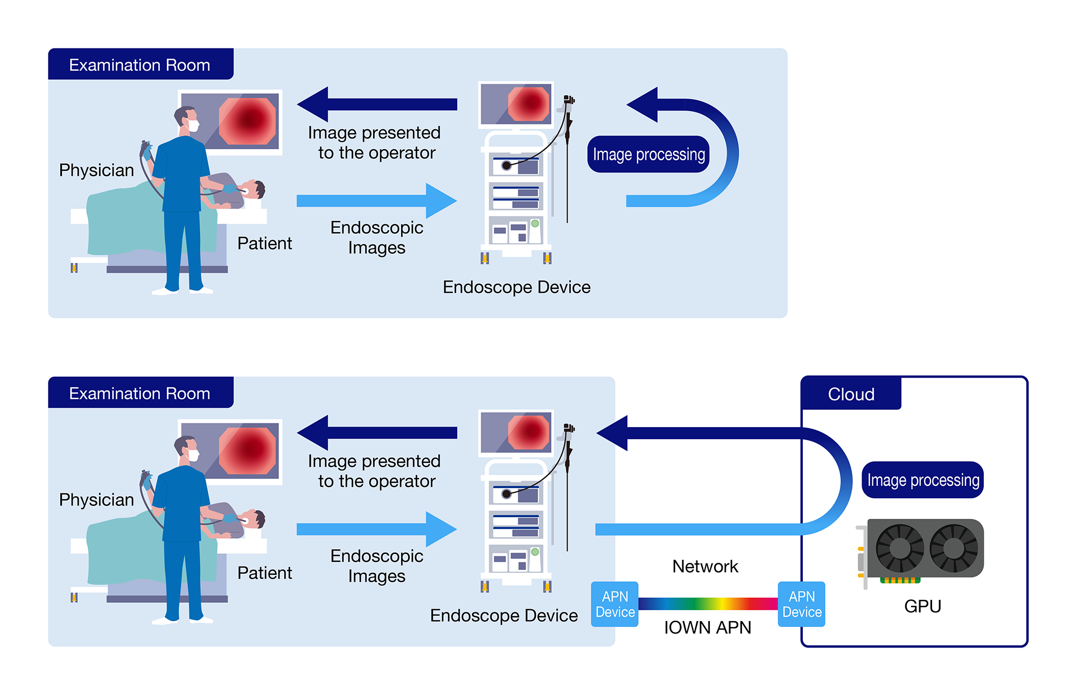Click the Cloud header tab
[x=851, y=394]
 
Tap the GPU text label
[x=922, y=606]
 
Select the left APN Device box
[x=614, y=604]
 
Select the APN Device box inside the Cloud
[x=801, y=604]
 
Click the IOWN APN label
[x=707, y=628]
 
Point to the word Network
[x=705, y=566]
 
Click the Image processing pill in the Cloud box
[x=922, y=479]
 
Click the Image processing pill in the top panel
[x=648, y=154]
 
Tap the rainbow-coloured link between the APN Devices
[x=708, y=603]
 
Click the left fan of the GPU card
[x=899, y=548]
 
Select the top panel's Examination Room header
[x=140, y=65]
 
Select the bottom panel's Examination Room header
[x=140, y=393]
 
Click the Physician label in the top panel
[x=96, y=170]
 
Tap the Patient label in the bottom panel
[x=264, y=573]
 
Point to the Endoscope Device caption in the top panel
[x=516, y=287]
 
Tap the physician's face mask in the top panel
[x=193, y=126]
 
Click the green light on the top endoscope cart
[x=535, y=223]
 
